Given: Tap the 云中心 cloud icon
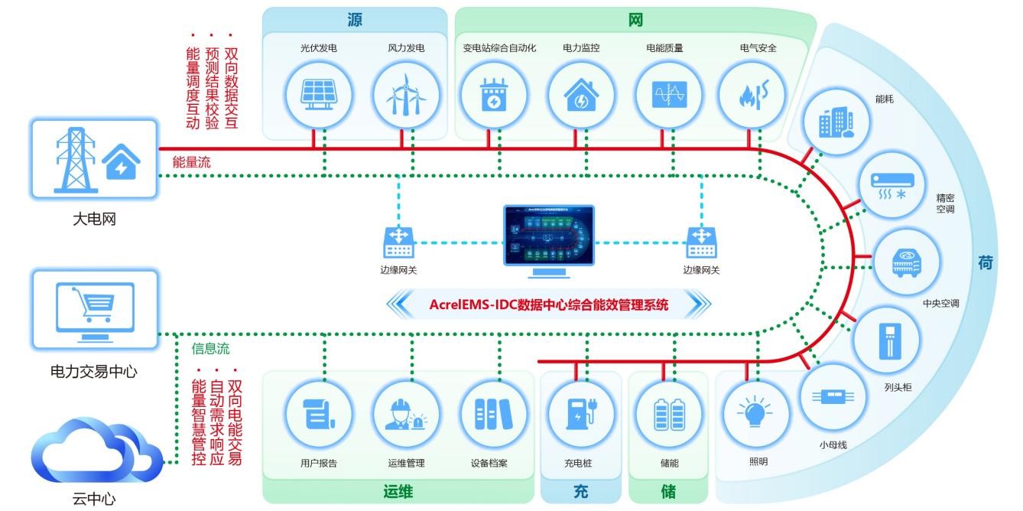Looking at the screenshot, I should click(x=96, y=453).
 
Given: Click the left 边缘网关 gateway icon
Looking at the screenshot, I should click(x=398, y=242).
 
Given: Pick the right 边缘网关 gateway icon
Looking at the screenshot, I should click(x=701, y=242).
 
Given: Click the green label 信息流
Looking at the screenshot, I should click(x=210, y=350).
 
